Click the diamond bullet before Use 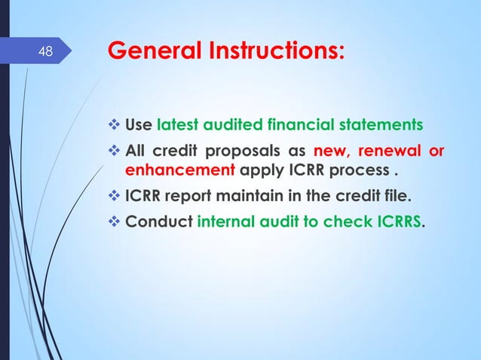(115, 124)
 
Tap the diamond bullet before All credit (115, 149)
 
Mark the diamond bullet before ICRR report (115, 198)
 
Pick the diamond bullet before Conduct (115, 224)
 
